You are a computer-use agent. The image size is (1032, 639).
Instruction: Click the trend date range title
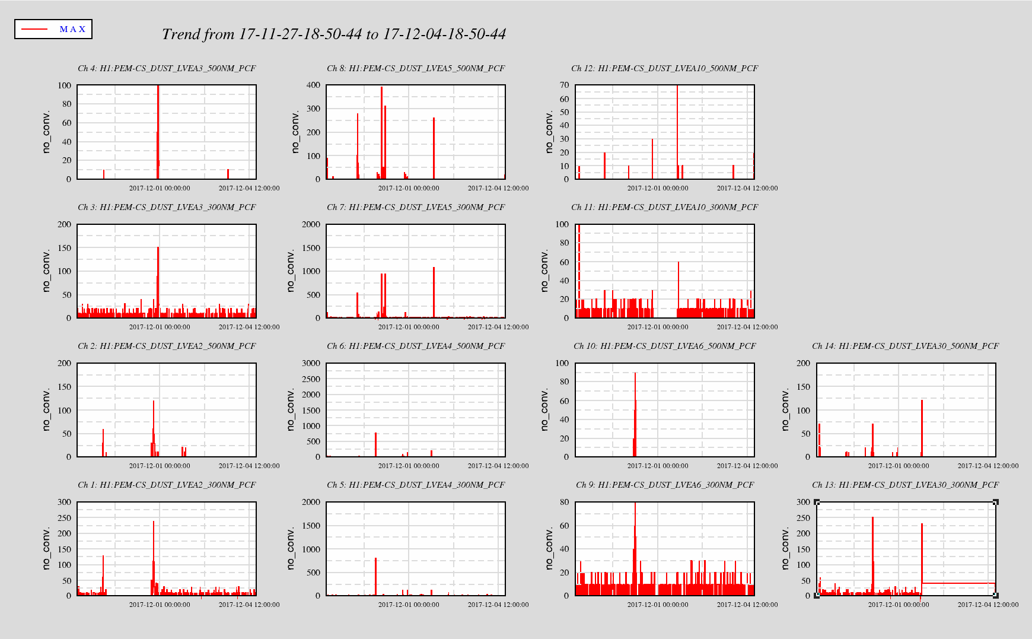point(333,34)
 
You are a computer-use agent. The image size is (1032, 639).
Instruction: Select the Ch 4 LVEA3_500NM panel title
point(167,68)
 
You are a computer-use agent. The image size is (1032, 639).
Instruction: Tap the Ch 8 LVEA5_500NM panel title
point(416,68)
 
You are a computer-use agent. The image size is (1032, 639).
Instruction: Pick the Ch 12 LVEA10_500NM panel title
point(664,68)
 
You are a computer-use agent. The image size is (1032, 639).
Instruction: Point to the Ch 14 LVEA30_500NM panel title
point(905,346)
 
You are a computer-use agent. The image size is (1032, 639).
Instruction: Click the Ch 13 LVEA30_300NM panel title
point(905,485)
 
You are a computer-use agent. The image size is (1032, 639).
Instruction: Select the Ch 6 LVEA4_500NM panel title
point(416,346)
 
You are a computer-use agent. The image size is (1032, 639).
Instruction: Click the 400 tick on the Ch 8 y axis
point(314,85)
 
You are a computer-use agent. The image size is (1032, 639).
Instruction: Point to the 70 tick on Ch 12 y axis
point(564,85)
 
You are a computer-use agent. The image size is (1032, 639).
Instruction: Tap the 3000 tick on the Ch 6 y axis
point(311,363)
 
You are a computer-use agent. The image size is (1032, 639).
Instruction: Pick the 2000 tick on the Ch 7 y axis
point(311,224)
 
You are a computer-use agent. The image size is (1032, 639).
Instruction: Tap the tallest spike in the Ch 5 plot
point(375,576)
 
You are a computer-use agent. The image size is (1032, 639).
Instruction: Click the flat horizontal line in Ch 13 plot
point(958,583)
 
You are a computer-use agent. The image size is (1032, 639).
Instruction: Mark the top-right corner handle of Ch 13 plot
point(996,503)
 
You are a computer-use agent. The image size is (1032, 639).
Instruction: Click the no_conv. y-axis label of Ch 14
point(785,409)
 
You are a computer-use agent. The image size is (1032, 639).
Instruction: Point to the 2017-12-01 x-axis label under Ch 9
point(658,605)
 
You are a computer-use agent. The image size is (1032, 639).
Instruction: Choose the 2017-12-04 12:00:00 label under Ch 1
point(249,605)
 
